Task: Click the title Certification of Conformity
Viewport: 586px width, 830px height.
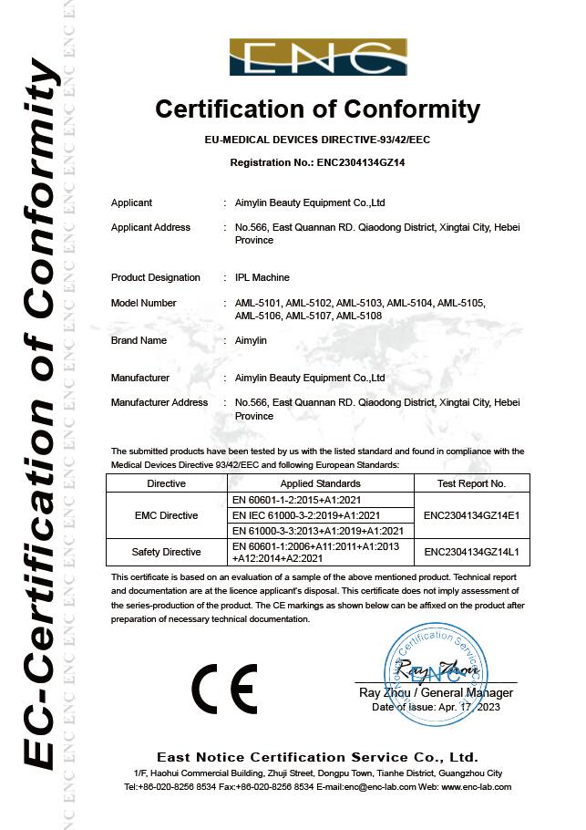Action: click(x=317, y=109)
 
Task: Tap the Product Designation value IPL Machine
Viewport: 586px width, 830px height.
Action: click(x=256, y=277)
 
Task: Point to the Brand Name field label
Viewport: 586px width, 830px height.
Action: click(x=139, y=340)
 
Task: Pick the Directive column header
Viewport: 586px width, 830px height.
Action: click(x=166, y=483)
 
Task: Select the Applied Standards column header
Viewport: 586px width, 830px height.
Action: click(x=320, y=483)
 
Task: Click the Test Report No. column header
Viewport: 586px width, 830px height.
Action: click(x=471, y=483)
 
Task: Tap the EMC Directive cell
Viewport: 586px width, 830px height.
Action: click(x=166, y=515)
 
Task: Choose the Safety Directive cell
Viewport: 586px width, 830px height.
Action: click(x=166, y=552)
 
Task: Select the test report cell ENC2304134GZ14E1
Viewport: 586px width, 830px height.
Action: click(x=471, y=515)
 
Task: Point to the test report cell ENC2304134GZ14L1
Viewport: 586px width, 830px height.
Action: click(x=471, y=552)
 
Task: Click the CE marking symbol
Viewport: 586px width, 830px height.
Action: click(x=224, y=688)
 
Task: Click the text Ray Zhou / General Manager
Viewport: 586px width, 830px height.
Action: click(x=436, y=693)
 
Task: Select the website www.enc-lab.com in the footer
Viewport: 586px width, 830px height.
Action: click(x=476, y=786)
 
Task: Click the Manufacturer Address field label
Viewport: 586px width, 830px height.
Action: click(x=159, y=402)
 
